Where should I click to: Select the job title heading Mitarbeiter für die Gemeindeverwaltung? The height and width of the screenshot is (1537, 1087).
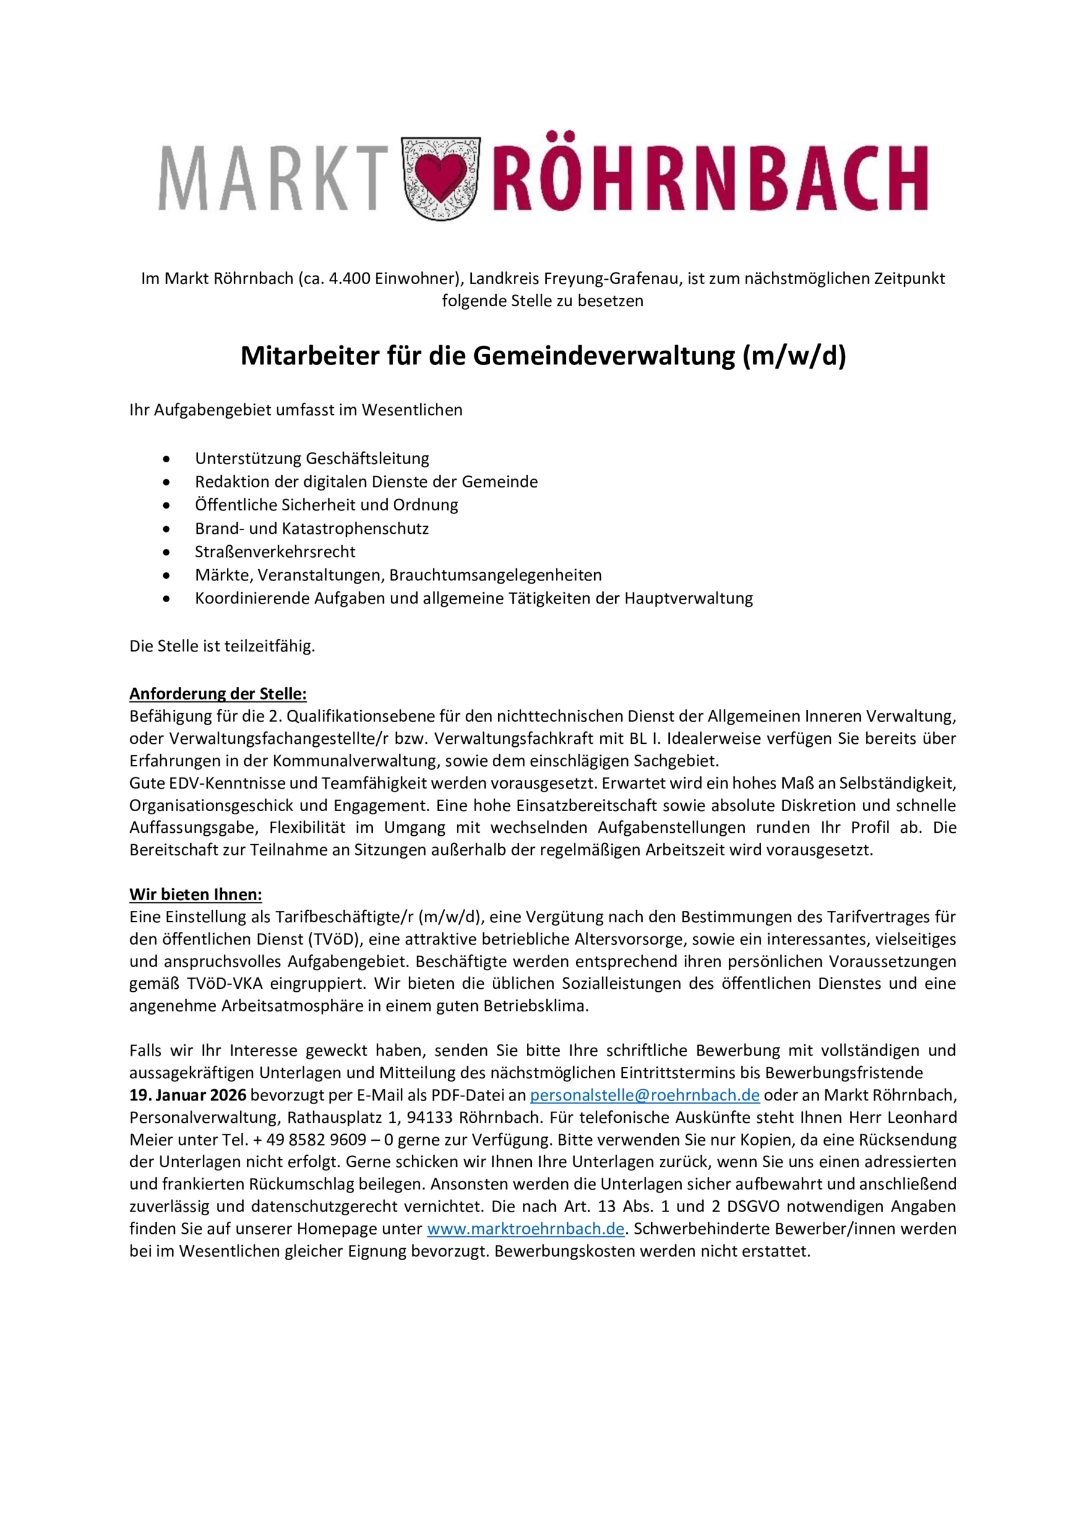pyautogui.click(x=543, y=356)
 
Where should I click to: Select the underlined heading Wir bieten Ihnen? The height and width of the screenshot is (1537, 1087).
pyautogui.click(x=196, y=895)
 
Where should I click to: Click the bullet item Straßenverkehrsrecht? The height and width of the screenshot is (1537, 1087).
pyautogui.click(x=275, y=552)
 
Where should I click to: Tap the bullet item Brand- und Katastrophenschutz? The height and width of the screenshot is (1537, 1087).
pyautogui.click(x=312, y=528)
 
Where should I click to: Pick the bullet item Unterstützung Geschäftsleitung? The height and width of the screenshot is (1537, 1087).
pyautogui.click(x=312, y=459)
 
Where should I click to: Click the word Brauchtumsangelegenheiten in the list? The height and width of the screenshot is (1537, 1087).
pyautogui.click(x=495, y=575)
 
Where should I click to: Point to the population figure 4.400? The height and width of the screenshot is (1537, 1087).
pyautogui.click(x=350, y=279)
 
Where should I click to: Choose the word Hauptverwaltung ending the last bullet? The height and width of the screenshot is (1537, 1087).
pyautogui.click(x=688, y=599)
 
